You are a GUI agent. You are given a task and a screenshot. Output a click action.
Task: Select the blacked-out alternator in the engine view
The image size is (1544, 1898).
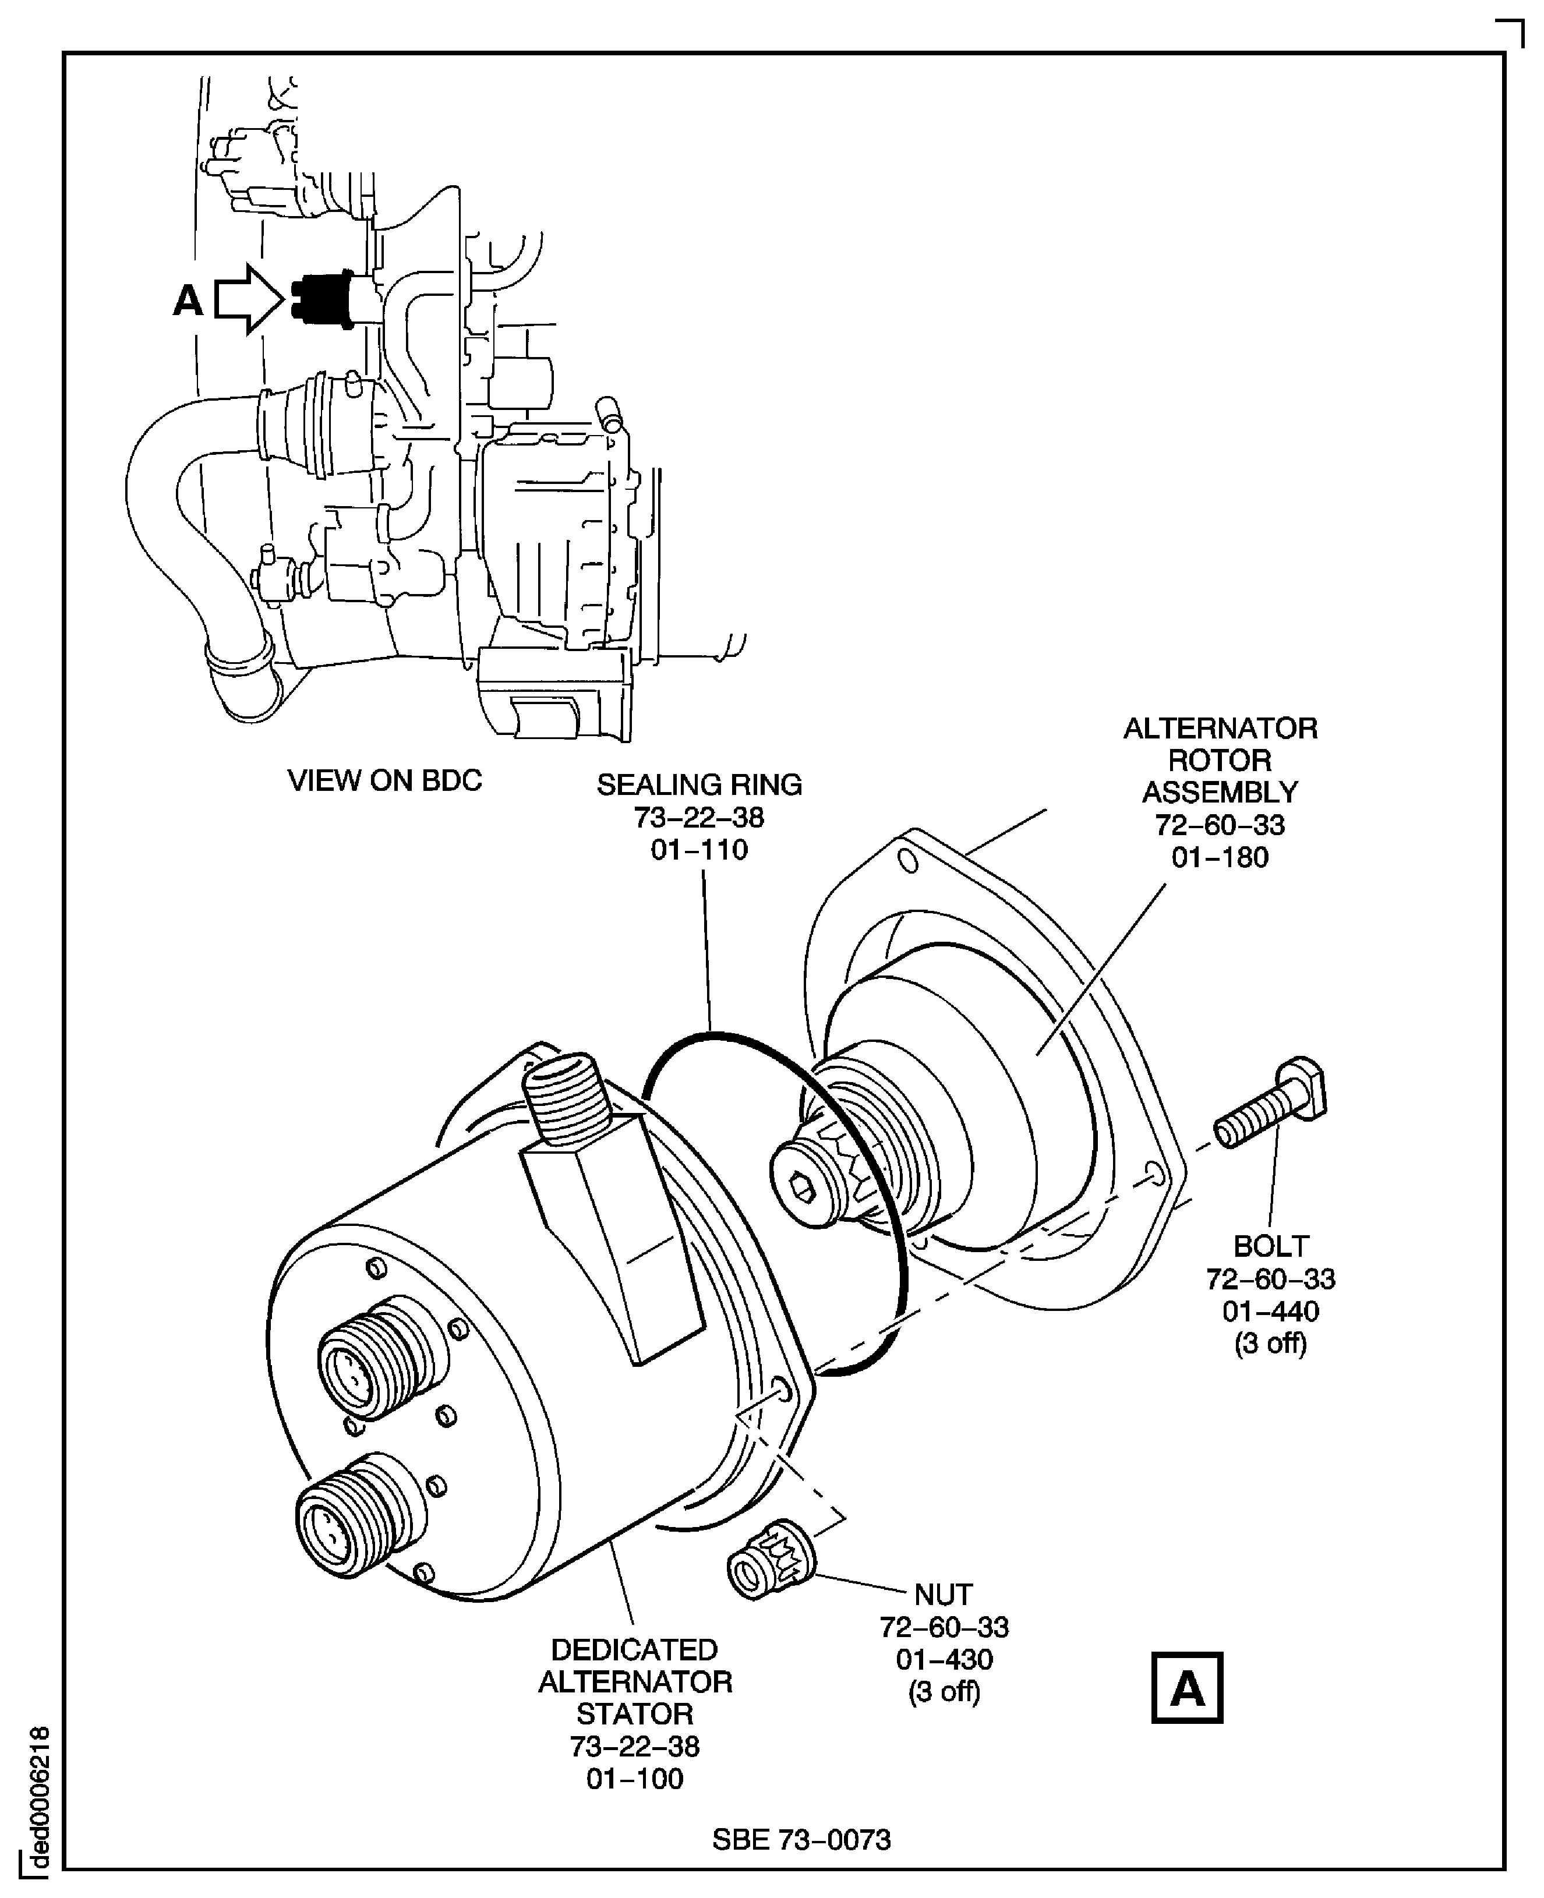coord(322,299)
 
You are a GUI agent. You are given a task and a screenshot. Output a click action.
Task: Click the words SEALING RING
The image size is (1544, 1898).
coord(699,784)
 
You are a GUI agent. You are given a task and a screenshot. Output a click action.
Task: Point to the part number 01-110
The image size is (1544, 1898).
coord(699,849)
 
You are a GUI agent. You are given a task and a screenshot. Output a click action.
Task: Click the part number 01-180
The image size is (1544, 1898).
coord(1220,857)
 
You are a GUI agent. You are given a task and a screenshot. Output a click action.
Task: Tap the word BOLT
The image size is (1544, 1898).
coord(1270,1246)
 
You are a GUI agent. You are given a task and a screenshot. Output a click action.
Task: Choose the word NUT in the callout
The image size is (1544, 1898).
coord(944,1595)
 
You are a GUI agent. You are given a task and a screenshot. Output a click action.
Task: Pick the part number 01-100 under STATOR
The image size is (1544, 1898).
coord(634,1778)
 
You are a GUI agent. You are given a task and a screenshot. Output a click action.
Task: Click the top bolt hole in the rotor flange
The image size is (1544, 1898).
coord(906,861)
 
